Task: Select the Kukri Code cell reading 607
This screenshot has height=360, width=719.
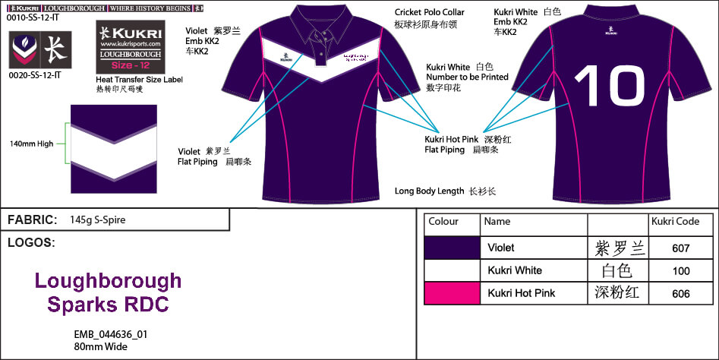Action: (x=680, y=248)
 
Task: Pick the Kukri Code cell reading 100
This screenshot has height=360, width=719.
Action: (x=680, y=270)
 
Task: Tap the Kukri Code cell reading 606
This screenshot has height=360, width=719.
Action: (x=680, y=293)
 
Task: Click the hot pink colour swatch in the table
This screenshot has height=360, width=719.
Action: (x=453, y=293)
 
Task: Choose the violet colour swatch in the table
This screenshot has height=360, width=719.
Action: (x=453, y=248)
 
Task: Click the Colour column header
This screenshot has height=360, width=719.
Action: (x=443, y=222)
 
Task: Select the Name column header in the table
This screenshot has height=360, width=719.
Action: (x=497, y=222)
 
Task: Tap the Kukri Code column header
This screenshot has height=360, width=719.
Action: (x=676, y=222)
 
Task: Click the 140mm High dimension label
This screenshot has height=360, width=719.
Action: (x=32, y=144)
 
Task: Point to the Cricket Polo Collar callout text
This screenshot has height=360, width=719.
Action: (x=430, y=13)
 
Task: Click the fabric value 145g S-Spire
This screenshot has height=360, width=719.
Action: (x=97, y=220)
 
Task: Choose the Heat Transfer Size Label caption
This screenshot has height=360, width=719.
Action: (x=139, y=79)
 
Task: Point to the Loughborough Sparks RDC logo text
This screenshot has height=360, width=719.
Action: (x=108, y=293)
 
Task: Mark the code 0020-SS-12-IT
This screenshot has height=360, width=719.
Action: (x=38, y=76)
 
